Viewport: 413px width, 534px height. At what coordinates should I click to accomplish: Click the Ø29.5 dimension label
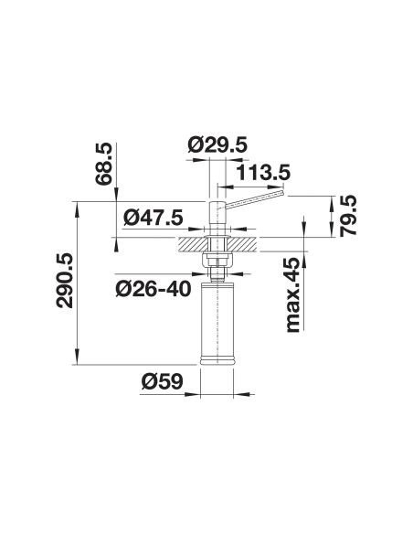click(217, 145)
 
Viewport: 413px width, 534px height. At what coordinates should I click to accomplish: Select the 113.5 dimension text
click(264, 172)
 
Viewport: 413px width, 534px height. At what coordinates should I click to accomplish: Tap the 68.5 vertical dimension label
click(103, 164)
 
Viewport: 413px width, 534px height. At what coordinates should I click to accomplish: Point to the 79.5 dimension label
click(348, 216)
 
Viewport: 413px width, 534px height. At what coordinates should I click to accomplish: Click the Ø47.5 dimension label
click(154, 218)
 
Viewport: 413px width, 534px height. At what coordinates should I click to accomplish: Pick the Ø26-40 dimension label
click(154, 289)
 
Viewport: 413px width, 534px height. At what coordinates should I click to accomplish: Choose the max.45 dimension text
click(293, 294)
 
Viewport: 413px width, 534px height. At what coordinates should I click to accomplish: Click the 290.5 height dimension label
click(64, 281)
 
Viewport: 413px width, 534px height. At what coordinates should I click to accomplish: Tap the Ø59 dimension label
click(162, 382)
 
